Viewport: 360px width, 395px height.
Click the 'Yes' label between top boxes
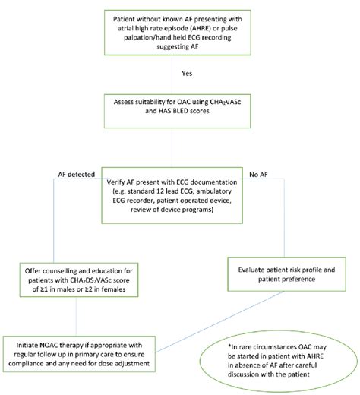[187, 74]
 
